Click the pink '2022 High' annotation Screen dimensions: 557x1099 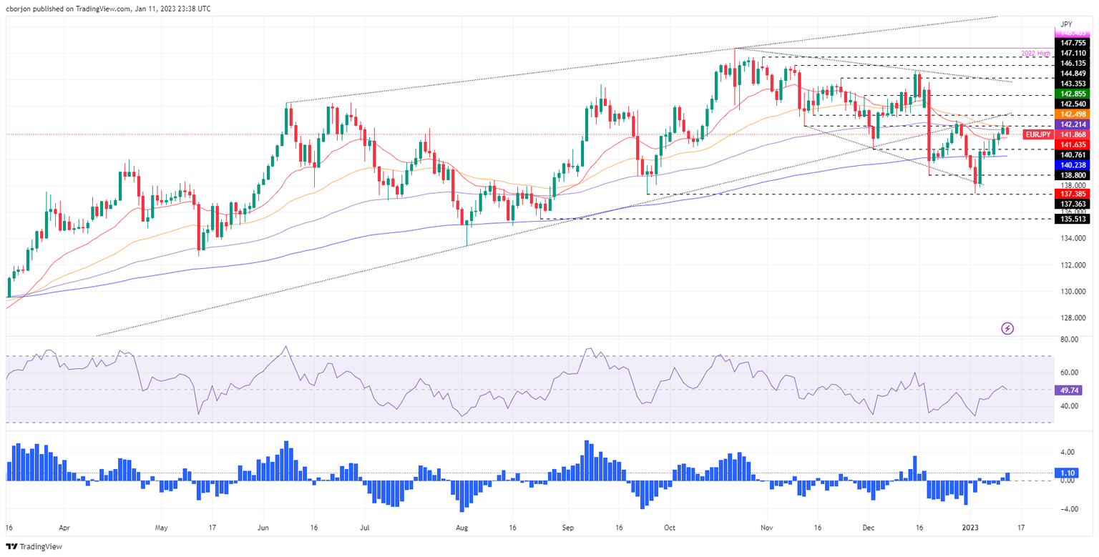(x=1037, y=53)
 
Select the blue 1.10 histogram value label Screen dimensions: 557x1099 (x=1068, y=473)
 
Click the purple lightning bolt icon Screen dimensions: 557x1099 (x=1008, y=328)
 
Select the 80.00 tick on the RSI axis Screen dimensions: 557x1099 (x=1070, y=340)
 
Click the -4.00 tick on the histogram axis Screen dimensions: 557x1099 (x=1069, y=509)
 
